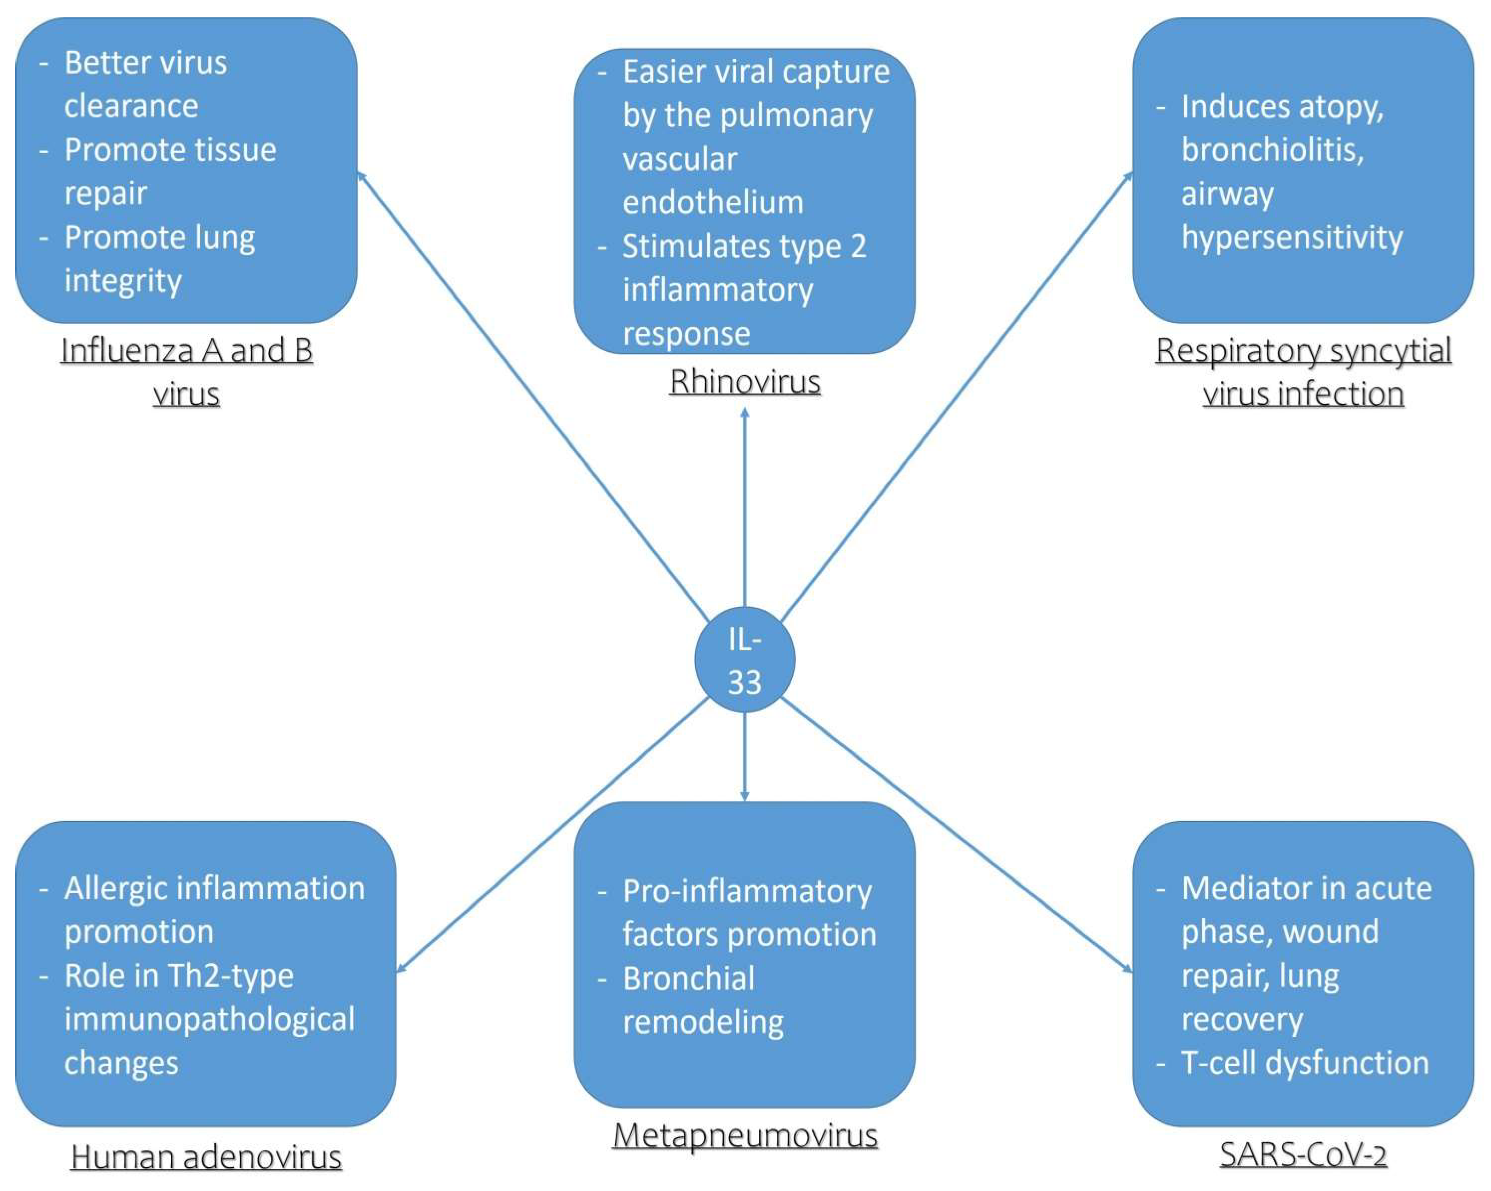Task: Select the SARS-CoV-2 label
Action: point(1303,1154)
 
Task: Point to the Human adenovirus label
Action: point(206,1157)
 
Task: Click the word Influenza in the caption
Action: point(126,351)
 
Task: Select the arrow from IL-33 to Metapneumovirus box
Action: point(745,757)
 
